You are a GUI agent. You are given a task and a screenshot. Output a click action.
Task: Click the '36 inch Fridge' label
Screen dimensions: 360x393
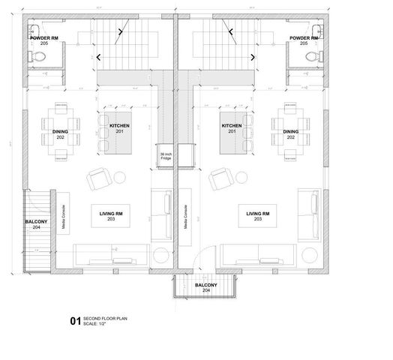click(165, 155)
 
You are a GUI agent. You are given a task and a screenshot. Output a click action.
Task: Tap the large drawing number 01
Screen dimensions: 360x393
click(74, 321)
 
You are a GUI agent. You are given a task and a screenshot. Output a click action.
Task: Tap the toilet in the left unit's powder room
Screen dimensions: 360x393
click(33, 57)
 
